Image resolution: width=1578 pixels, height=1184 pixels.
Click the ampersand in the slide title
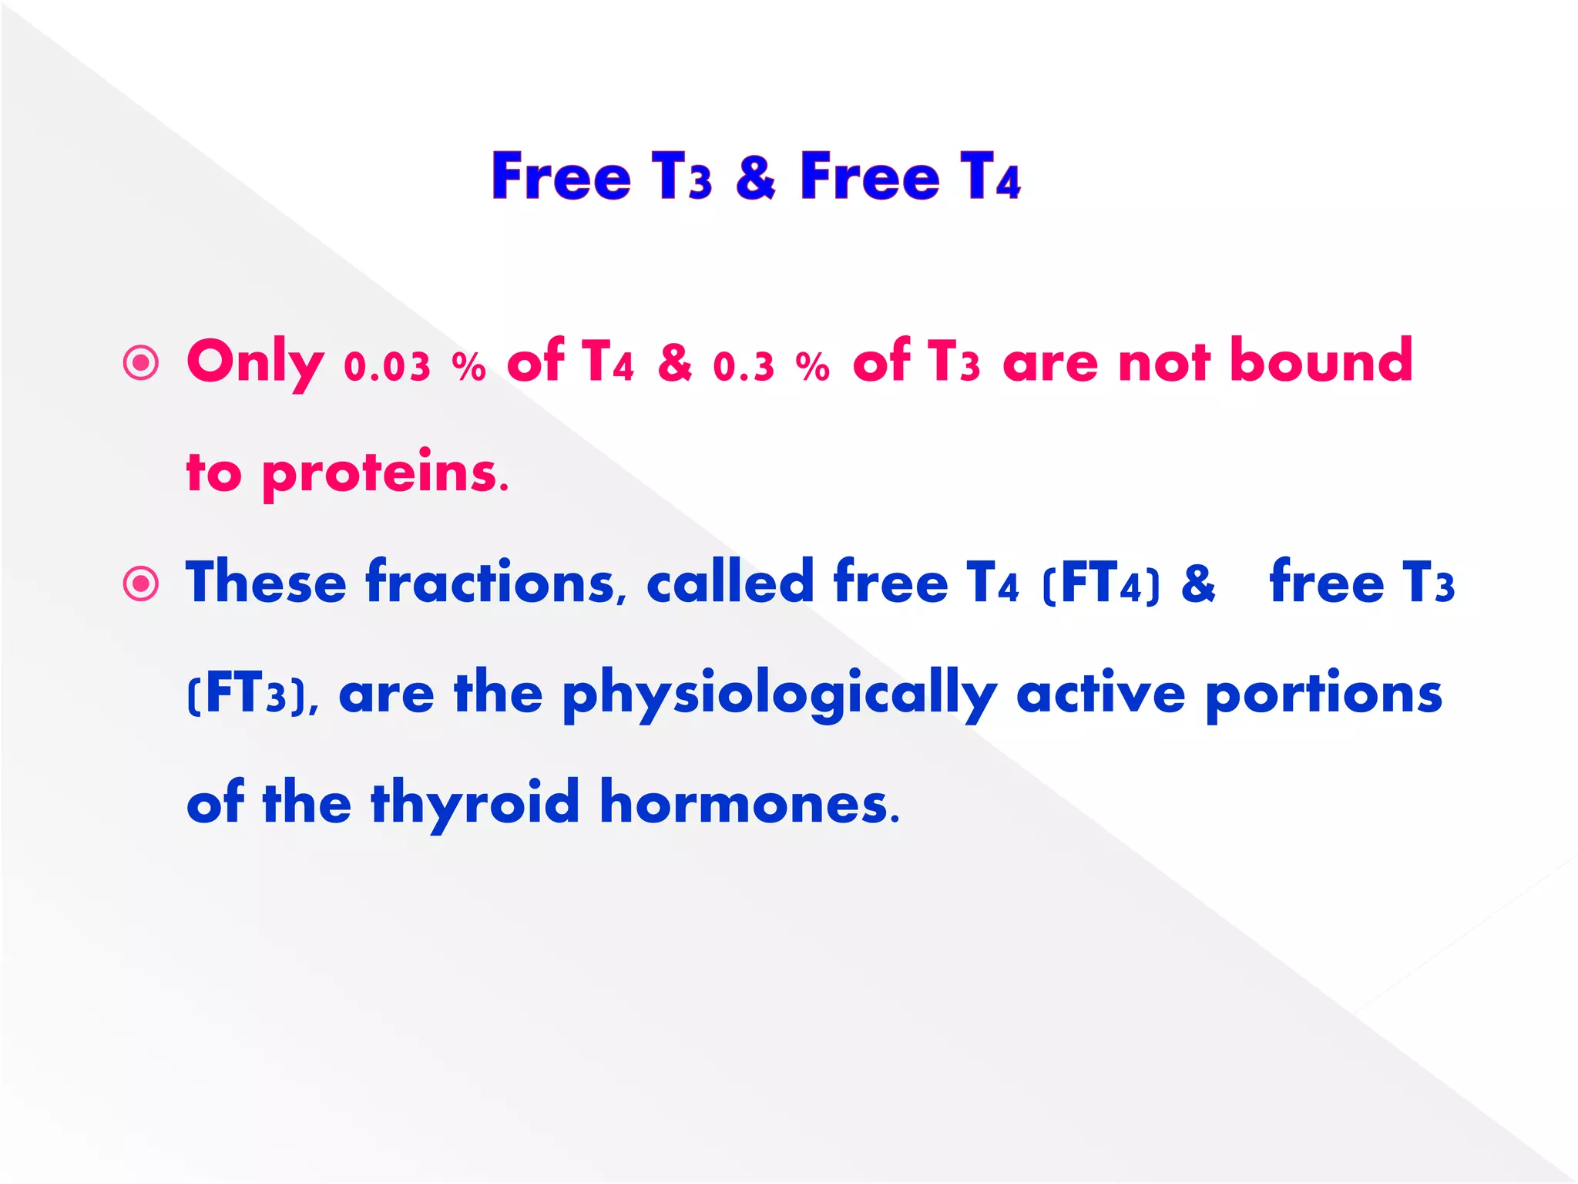coord(755,177)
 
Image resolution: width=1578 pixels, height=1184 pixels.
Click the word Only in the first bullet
coord(255,362)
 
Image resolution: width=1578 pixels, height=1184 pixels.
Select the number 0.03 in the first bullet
coord(387,367)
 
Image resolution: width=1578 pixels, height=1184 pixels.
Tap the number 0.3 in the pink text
coord(744,367)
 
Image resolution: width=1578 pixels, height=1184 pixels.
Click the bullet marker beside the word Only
coord(141,362)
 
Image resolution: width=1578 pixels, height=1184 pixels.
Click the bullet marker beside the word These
coord(141,584)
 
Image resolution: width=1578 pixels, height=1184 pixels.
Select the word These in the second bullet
coord(266,582)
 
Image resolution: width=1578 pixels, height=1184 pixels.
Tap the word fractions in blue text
coord(491,582)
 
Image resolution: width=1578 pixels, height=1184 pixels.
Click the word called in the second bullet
coord(730,582)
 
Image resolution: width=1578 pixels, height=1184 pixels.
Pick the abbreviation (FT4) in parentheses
coord(1100,584)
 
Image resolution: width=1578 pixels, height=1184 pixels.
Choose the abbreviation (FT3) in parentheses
coord(246,695)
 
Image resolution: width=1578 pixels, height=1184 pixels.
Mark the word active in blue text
coord(1101,693)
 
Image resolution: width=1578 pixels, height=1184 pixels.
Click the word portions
coord(1323,695)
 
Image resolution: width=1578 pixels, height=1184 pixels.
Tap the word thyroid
coord(475,803)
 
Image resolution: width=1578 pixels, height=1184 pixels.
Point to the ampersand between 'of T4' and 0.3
coord(674,362)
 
